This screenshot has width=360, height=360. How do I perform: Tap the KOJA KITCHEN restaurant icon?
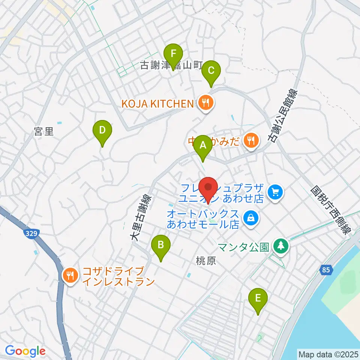[205, 103]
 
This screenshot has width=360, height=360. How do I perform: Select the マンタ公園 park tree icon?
[280, 246]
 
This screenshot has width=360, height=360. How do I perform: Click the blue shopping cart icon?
[276, 193]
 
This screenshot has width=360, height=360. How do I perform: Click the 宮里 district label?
[44, 132]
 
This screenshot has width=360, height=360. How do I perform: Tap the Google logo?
[25, 351]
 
